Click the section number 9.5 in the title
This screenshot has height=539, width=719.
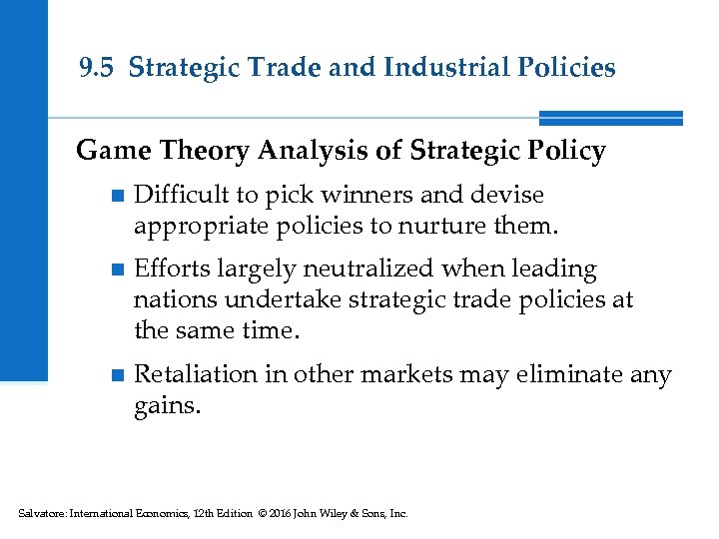click(97, 68)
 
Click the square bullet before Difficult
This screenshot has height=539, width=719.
click(117, 196)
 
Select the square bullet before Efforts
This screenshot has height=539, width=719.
click(117, 270)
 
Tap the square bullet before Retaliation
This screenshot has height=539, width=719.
click(117, 376)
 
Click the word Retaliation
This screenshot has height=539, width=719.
click(192, 374)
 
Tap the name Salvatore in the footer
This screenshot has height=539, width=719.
click(40, 514)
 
